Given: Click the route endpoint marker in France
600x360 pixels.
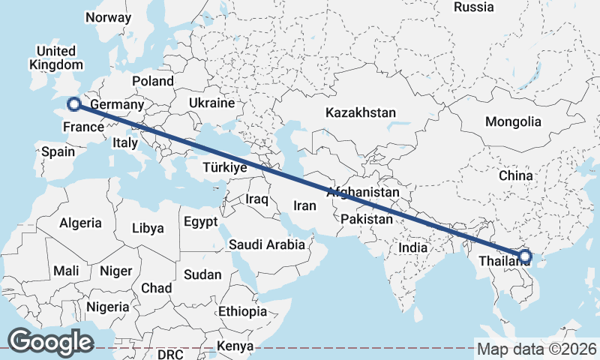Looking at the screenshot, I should pos(73,104).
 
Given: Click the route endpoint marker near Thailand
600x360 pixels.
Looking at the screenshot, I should pos(524,256).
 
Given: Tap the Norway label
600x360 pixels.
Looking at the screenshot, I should pos(108,17).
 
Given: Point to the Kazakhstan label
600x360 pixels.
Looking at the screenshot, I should pos(360,112).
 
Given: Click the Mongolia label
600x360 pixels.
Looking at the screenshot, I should pos(513,121).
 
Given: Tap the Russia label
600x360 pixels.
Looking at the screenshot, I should pos(474,7).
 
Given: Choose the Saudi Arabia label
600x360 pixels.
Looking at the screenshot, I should pos(267,244).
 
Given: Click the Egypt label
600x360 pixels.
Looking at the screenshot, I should pos(200,222).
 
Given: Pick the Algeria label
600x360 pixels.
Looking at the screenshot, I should pos(80,223).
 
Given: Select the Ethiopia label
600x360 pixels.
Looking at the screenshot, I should pos(242,311).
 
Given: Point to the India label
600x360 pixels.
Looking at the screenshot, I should pos(413,247).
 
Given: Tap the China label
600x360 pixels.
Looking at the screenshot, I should pos(515,175).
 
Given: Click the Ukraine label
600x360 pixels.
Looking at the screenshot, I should pos(211,103).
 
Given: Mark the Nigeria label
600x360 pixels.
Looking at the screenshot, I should pos(108,306).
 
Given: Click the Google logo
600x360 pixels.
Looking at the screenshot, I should pos(50,342).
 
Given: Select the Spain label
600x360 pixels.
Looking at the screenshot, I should pos(58,151).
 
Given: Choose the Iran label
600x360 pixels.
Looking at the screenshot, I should pos(305,205).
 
